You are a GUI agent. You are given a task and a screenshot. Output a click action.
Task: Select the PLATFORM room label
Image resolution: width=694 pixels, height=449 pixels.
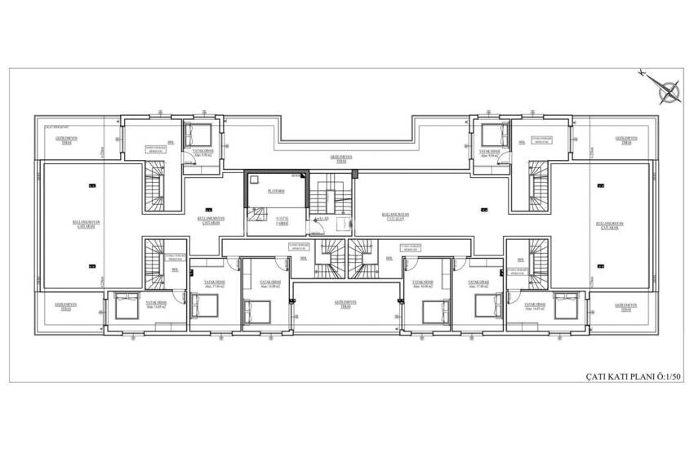pyautogui.click(x=276, y=190)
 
